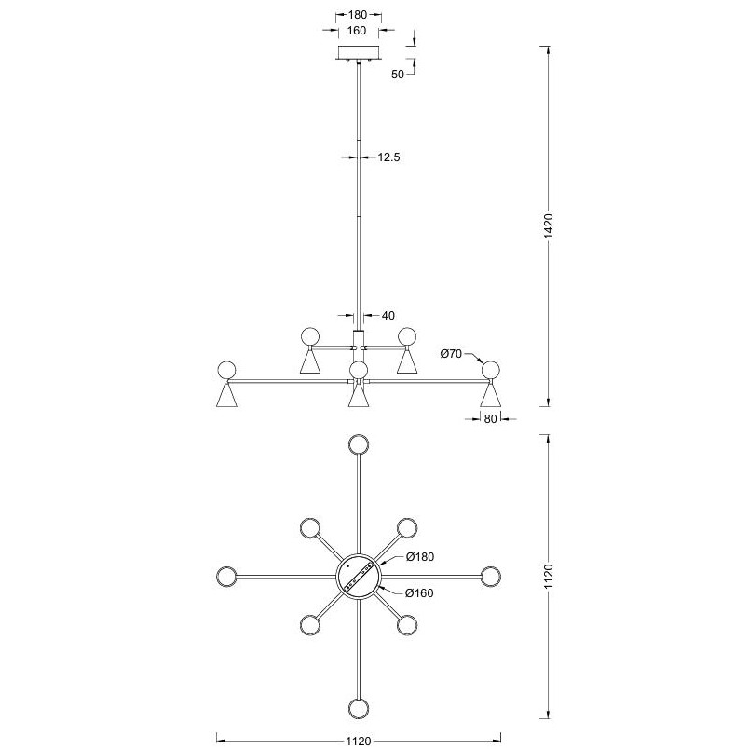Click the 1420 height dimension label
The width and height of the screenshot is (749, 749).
(x=549, y=226)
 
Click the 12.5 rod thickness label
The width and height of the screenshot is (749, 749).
(x=388, y=157)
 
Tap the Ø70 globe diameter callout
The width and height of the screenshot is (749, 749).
(x=451, y=354)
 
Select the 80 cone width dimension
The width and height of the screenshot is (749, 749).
(x=490, y=419)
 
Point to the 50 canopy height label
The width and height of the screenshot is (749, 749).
(x=398, y=75)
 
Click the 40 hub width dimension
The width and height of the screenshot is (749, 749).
(x=388, y=316)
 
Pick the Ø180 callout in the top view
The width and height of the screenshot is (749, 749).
(x=420, y=556)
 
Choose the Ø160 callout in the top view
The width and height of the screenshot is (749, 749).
(x=419, y=592)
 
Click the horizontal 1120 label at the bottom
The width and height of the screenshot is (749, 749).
(x=359, y=741)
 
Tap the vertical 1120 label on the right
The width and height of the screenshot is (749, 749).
(x=549, y=576)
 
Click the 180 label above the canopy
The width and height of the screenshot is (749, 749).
(x=358, y=15)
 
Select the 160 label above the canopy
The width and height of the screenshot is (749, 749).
(x=357, y=31)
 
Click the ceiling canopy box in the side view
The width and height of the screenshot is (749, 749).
(x=359, y=53)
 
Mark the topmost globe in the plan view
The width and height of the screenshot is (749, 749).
(x=359, y=444)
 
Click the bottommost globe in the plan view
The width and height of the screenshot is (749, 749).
(x=359, y=708)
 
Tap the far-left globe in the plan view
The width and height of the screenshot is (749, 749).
(x=226, y=577)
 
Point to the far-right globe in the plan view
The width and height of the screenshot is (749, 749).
(x=491, y=577)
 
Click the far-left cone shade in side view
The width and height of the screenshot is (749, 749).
(x=226, y=395)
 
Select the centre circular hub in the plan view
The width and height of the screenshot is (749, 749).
(x=359, y=577)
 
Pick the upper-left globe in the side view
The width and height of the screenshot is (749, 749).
(x=310, y=336)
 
